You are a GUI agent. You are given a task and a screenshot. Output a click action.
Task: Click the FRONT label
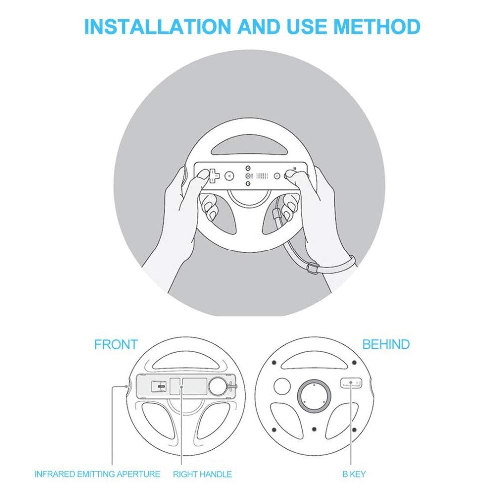click(x=116, y=344)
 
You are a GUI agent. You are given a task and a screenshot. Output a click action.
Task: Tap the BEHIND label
click(x=386, y=344)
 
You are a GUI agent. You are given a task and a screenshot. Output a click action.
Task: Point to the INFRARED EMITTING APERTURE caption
click(x=97, y=474)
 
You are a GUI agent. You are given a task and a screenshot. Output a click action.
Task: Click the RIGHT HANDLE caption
click(x=202, y=474)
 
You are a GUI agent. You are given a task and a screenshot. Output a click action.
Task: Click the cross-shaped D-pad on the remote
click(x=214, y=176)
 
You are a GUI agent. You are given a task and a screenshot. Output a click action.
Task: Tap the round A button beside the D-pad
click(x=230, y=176)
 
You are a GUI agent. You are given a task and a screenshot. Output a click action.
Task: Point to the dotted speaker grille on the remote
click(x=262, y=176)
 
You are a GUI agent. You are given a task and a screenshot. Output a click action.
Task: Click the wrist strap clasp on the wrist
click(x=313, y=269)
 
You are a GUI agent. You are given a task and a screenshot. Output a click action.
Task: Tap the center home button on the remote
click(x=248, y=176)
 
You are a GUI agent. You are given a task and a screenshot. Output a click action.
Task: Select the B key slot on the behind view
click(x=351, y=383)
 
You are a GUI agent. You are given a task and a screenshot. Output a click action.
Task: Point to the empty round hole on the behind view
click(x=283, y=386)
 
